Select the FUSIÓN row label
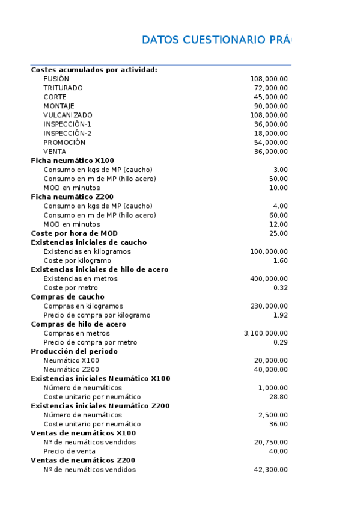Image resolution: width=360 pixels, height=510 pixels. click(x=56, y=79)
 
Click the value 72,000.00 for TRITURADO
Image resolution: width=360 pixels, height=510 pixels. click(x=270, y=88)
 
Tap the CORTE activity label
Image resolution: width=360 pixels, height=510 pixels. click(x=55, y=97)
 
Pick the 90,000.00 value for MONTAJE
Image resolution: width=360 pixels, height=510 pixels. click(x=270, y=106)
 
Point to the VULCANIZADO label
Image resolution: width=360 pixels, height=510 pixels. click(x=68, y=115)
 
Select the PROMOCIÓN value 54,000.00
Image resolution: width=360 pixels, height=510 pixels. click(x=270, y=143)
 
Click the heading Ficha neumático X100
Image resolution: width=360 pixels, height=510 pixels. click(x=72, y=161)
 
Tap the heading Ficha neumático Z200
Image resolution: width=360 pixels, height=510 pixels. click(x=72, y=197)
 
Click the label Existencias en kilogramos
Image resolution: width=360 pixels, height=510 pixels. click(x=87, y=251)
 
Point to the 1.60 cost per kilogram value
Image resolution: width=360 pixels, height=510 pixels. click(x=280, y=260)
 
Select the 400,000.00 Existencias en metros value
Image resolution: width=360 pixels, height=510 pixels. click(x=269, y=278)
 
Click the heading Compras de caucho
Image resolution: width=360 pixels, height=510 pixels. click(x=67, y=296)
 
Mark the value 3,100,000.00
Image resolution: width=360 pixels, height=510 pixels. click(x=266, y=333)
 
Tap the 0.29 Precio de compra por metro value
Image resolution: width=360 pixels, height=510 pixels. click(x=280, y=342)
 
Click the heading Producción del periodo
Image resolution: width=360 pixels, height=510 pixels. click(x=74, y=351)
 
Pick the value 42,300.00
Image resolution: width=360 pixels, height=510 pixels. click(x=270, y=470)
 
